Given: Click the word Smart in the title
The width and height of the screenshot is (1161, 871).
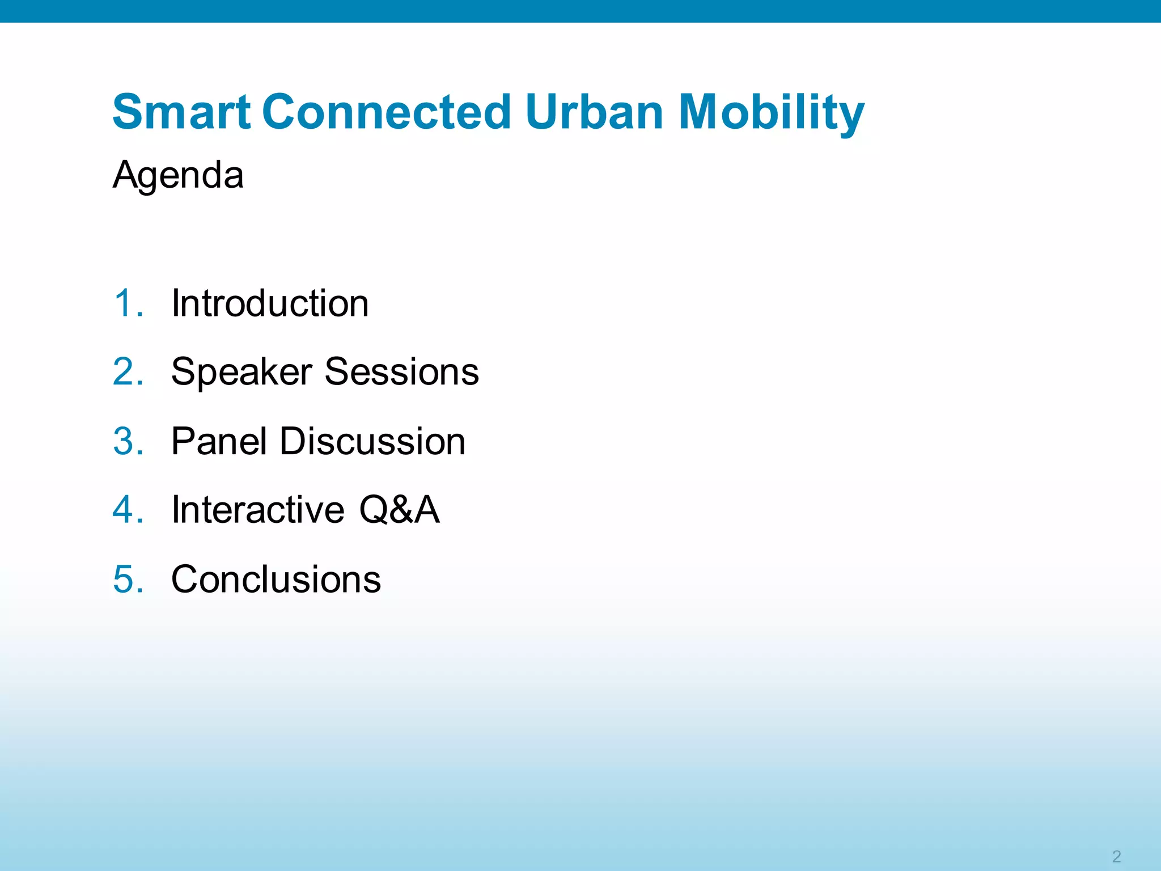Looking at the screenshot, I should pos(181,112).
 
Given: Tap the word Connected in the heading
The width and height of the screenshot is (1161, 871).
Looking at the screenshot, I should pos(387,112).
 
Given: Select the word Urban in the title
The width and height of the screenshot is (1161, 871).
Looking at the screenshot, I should pos(594,112).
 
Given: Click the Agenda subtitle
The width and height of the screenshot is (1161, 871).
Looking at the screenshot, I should pos(178,175).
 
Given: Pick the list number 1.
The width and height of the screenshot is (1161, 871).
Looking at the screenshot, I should pos(126,303).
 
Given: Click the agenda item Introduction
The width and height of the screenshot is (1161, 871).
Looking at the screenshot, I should pos(270,303).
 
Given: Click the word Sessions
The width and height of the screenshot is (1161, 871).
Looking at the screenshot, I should pos(401,373).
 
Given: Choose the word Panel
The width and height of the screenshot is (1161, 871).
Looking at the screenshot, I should pos(219,442).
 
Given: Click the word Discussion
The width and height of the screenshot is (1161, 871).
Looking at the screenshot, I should pos(372,442).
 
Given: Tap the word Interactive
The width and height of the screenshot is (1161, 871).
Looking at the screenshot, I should pos(258,510).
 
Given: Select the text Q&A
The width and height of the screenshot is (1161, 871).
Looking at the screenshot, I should pos(400,510).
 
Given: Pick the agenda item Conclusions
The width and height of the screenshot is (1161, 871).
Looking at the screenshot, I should pos(276,580).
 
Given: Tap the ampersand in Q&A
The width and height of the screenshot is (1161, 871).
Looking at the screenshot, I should pos(401,510).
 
